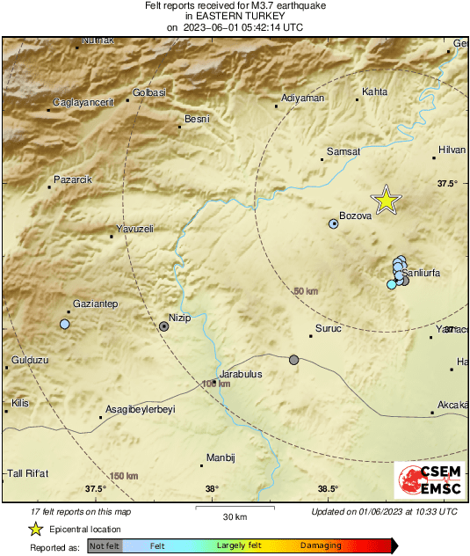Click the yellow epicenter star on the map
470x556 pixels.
point(386,201)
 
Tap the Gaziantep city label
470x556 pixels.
point(95,304)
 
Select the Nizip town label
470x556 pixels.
point(179,318)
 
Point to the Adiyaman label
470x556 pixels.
point(303,98)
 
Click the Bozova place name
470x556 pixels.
point(356,224)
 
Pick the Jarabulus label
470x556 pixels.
point(241,373)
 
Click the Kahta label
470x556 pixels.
point(374,91)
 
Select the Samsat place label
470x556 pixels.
point(343,152)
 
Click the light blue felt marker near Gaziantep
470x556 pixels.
point(64,325)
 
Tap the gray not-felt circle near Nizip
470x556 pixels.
point(164,326)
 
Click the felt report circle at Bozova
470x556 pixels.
point(334,224)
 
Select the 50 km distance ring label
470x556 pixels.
point(305,291)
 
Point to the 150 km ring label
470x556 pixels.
point(124,476)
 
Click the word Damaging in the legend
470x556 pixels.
point(321,545)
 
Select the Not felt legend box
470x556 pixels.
point(105,545)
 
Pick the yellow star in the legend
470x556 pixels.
point(36,529)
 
